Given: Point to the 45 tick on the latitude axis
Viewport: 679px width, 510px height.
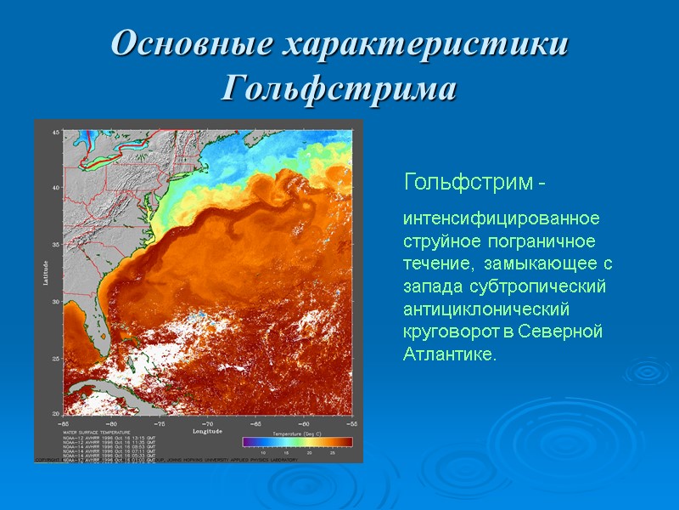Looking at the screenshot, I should (x=56, y=133).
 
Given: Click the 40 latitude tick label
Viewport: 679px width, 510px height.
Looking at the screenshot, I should (x=56, y=188).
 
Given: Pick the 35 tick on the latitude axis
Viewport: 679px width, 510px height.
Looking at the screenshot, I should (x=56, y=245).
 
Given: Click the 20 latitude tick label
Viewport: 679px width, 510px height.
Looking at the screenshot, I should (x=56, y=413).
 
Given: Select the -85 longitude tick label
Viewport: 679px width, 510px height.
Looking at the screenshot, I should (x=64, y=422).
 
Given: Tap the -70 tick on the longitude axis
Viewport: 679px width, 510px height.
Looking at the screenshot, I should (x=207, y=422).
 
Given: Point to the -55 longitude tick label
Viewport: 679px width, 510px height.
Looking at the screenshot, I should (x=349, y=422).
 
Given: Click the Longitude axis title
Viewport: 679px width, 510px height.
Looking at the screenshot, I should (x=207, y=431).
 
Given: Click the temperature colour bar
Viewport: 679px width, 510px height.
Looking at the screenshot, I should (x=297, y=441).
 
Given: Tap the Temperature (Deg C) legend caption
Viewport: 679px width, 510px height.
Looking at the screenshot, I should (x=297, y=433).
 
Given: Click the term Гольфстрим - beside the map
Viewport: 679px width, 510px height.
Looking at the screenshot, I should (x=474, y=182).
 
